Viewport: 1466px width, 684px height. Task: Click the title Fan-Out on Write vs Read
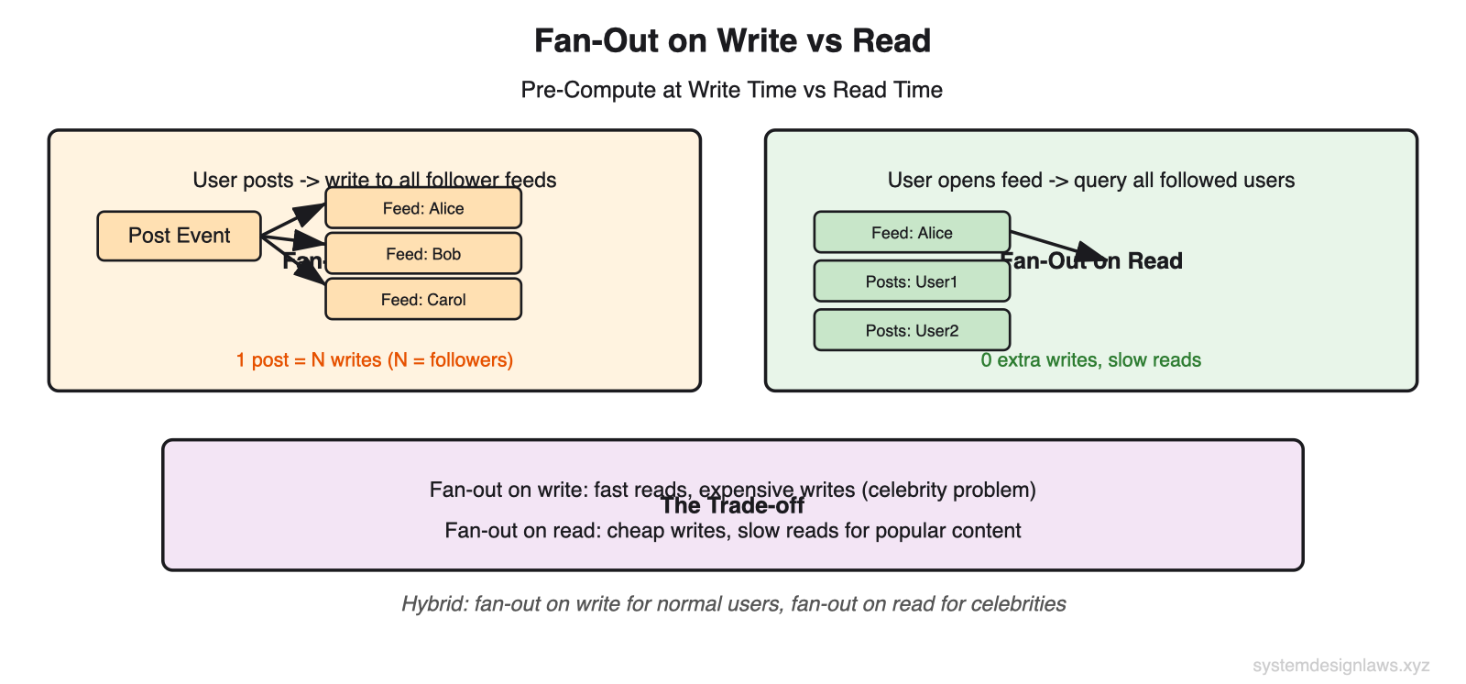click(732, 41)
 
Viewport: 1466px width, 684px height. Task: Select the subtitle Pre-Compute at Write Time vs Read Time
click(731, 90)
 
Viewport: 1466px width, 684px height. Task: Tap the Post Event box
click(179, 236)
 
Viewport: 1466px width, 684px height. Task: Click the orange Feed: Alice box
click(422, 208)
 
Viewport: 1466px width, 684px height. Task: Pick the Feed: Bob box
click(422, 254)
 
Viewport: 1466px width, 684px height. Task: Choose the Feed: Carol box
click(422, 300)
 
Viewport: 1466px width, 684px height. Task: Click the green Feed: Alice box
click(911, 233)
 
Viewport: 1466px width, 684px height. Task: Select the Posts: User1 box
click(911, 281)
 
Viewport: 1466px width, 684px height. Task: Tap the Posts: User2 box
click(911, 330)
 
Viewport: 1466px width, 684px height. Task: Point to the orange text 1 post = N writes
click(374, 359)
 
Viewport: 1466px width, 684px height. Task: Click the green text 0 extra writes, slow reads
click(1090, 359)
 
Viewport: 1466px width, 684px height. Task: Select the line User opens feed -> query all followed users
click(1090, 180)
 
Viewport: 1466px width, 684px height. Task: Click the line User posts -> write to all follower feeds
click(374, 180)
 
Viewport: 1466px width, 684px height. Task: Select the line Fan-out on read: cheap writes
click(732, 531)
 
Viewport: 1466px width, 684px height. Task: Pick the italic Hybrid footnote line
click(733, 603)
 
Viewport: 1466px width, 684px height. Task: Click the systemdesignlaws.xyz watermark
click(1340, 666)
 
